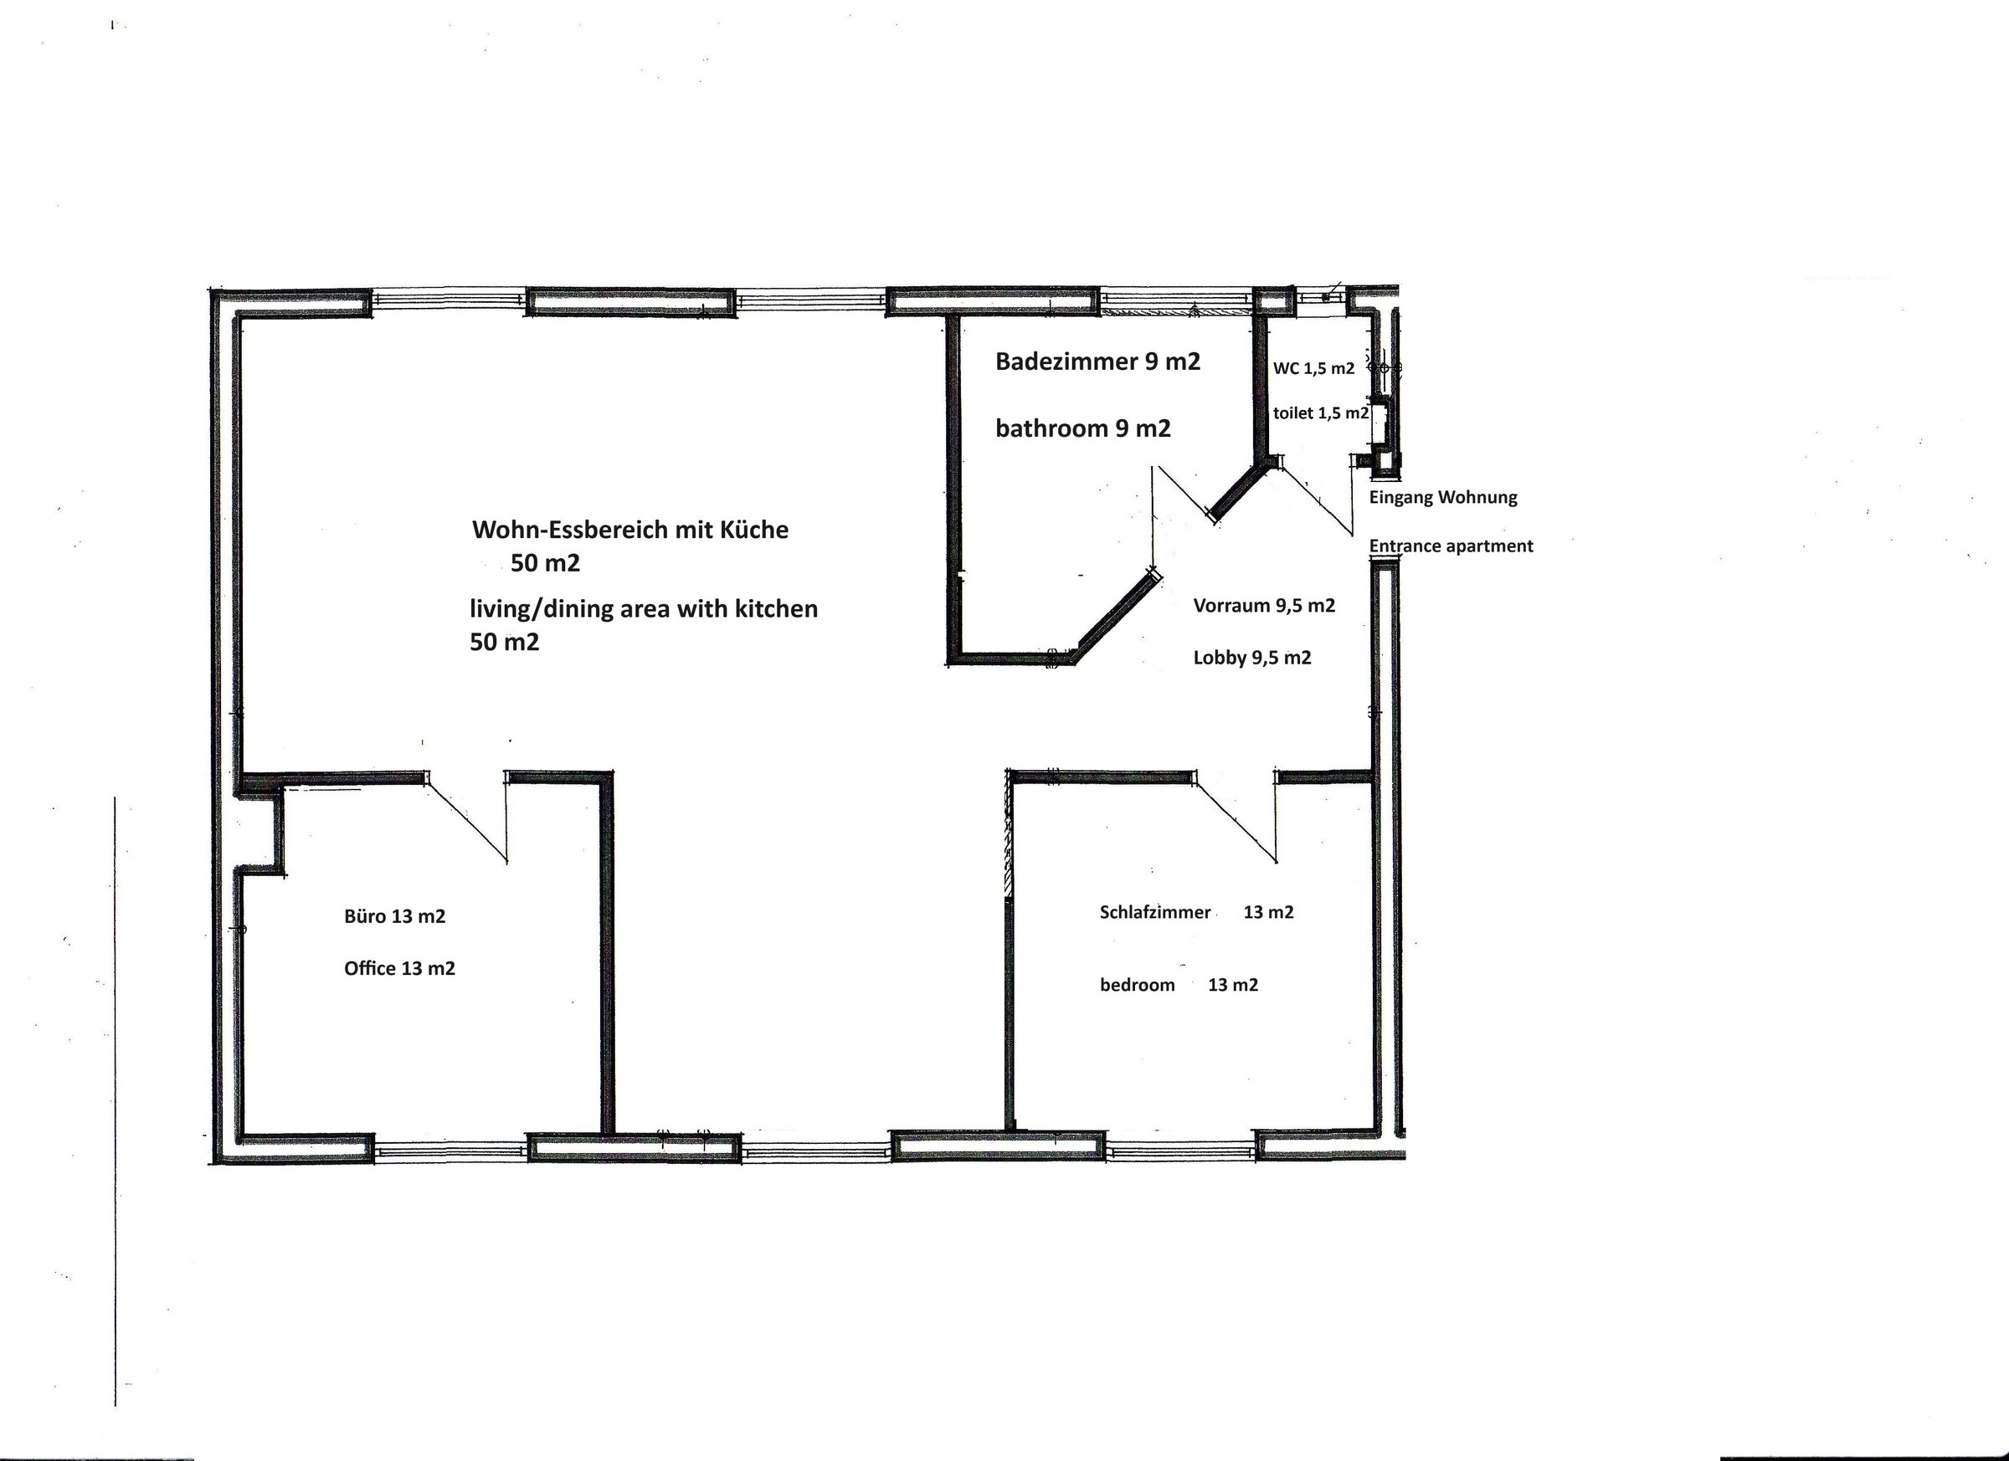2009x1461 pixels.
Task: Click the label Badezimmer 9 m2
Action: [1097, 361]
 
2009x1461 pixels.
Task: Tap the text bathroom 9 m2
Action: [1082, 428]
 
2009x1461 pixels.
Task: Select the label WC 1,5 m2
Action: [1313, 368]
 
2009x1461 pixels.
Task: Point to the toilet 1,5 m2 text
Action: [1321, 413]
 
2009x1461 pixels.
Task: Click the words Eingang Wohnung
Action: [1443, 498]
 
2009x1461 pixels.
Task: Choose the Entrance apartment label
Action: [1451, 546]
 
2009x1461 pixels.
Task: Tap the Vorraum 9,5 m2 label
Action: [1264, 606]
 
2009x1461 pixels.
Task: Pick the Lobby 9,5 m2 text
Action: [1251, 658]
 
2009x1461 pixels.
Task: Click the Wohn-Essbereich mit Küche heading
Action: [629, 530]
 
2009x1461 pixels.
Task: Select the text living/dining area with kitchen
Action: [643, 609]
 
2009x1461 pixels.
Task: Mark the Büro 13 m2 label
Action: [394, 916]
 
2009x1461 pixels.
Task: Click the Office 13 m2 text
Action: [399, 969]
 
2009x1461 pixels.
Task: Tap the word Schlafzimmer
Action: [1155, 912]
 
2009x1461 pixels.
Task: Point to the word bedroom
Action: [1138, 985]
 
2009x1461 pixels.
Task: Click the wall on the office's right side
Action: [607, 953]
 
